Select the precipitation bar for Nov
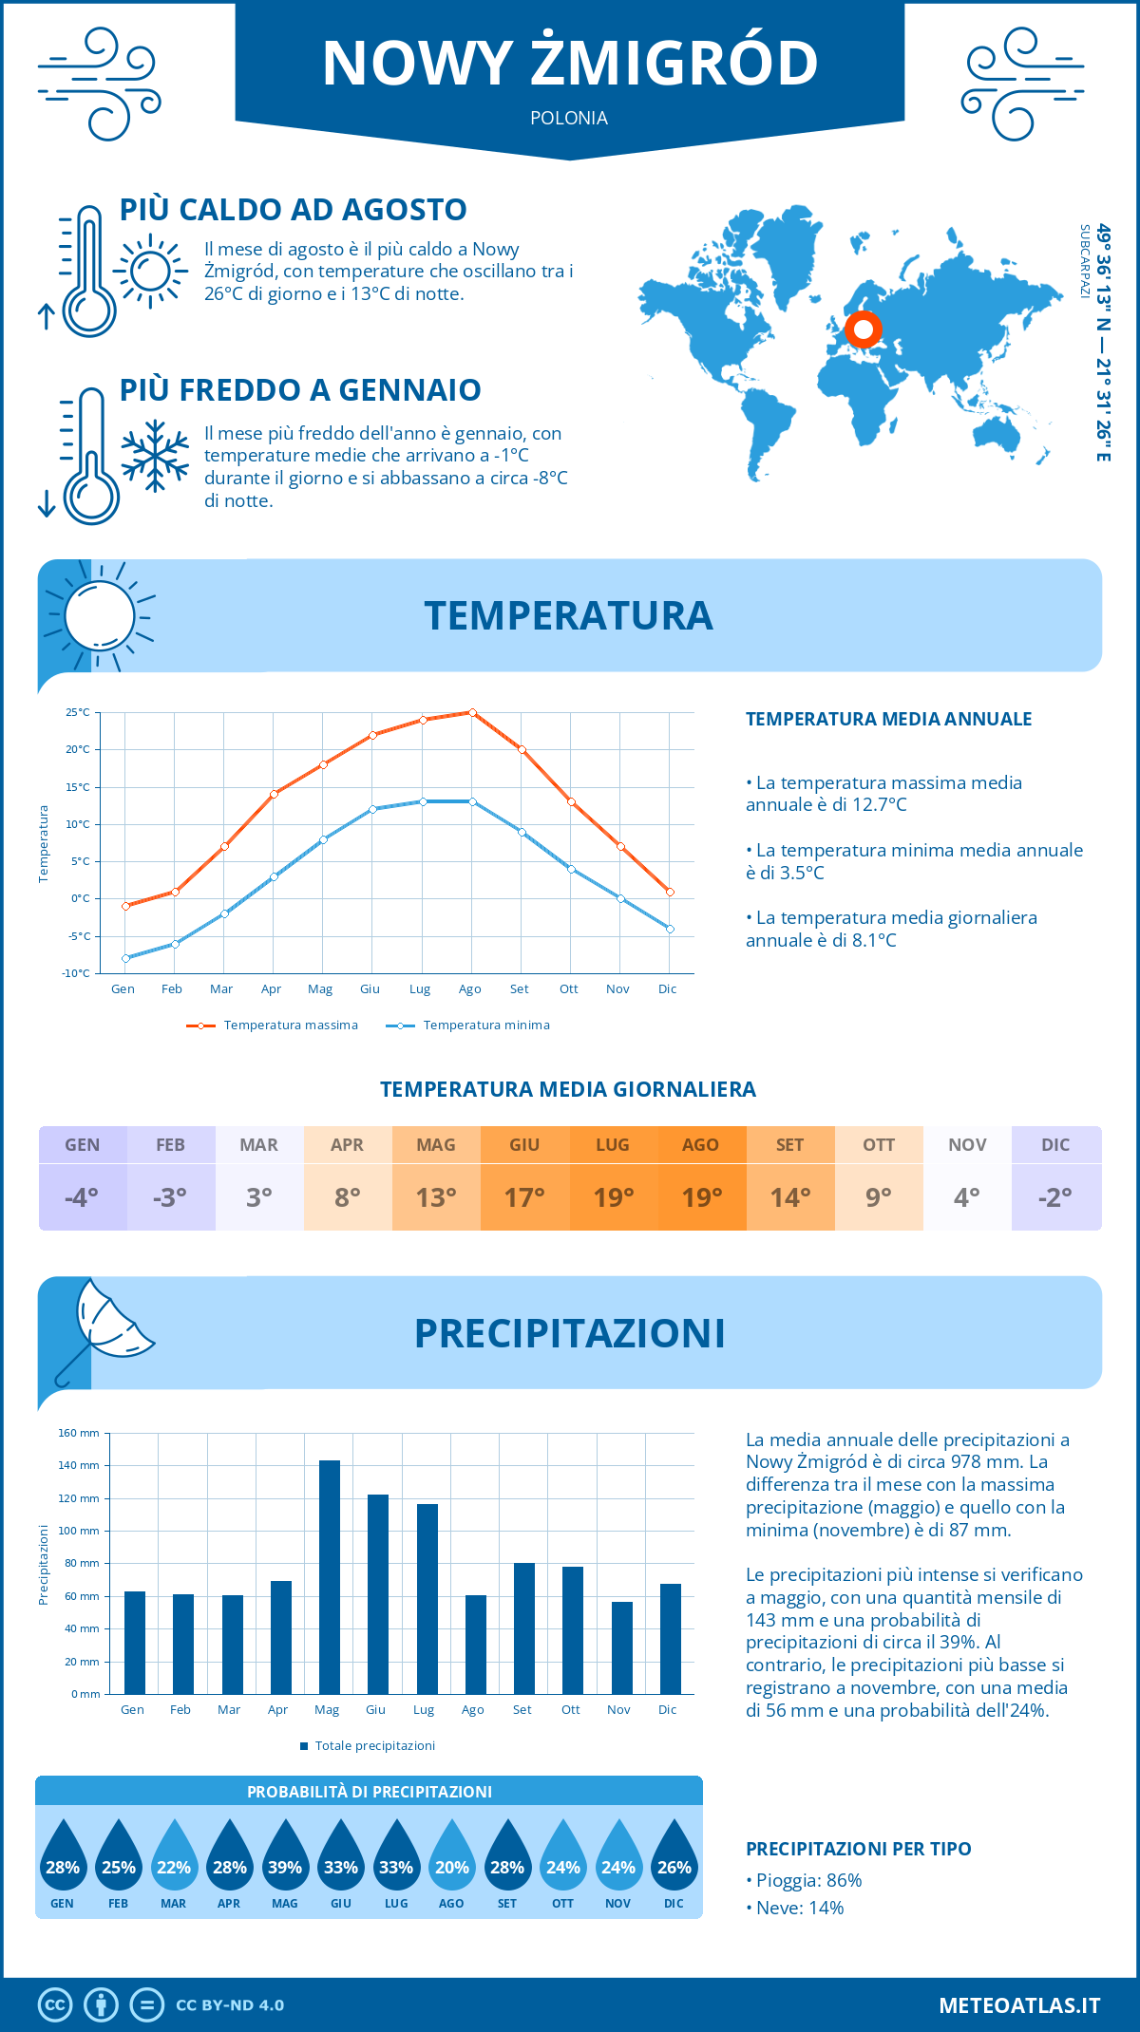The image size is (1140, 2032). point(621,1647)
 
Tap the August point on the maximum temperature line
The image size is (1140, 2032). point(472,712)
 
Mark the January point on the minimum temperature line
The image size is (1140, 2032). point(125,958)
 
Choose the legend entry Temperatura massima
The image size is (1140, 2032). point(273,1025)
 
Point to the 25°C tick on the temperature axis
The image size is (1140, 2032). point(78,712)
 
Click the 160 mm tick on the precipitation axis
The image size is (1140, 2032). point(80,1433)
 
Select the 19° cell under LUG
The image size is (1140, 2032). point(613,1197)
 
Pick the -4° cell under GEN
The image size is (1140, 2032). point(82,1197)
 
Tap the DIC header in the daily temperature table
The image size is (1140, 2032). point(1055,1145)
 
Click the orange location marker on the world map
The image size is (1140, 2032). point(864,329)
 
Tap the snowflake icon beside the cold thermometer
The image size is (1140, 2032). point(155,456)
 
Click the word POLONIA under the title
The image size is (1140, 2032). point(569,119)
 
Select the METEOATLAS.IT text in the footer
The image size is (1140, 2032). point(1019,2005)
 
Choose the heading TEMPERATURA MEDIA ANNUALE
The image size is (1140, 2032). point(888,720)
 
